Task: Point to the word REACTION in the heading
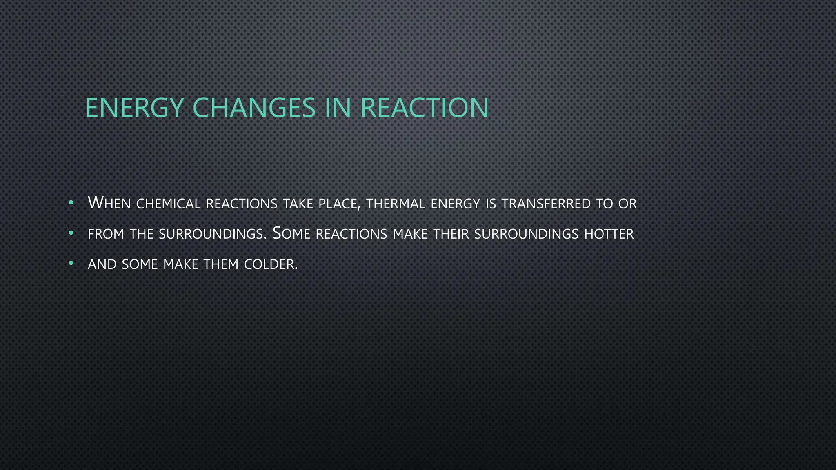425,108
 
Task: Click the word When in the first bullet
109,203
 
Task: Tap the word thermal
396,204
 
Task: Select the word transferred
546,204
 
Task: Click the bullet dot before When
71,202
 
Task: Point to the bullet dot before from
71,233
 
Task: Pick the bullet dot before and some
71,264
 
